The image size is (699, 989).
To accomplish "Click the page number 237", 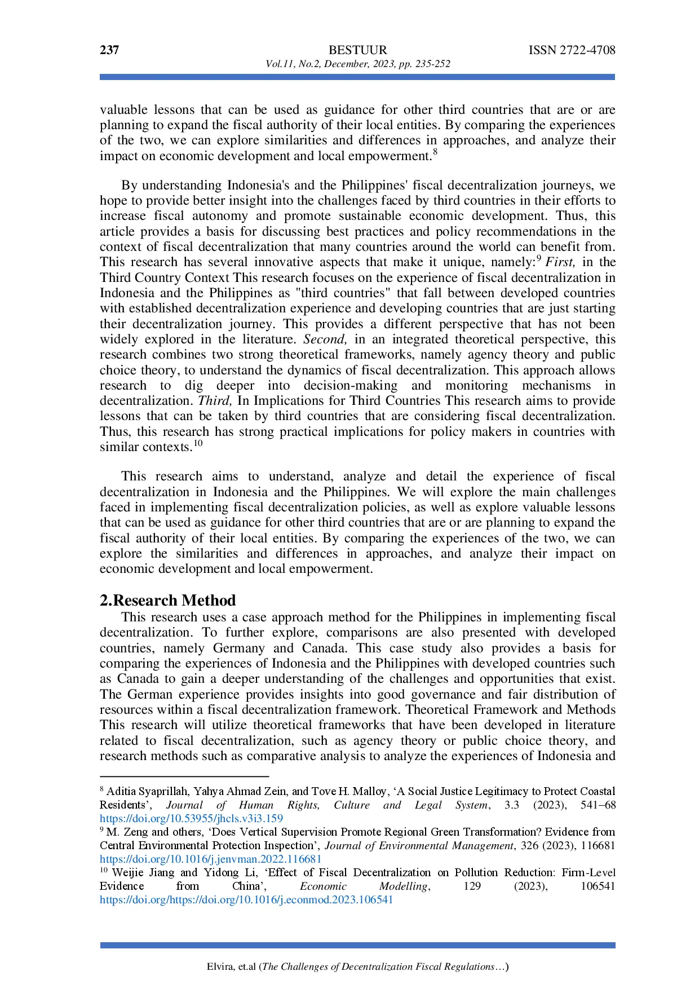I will point(109,50).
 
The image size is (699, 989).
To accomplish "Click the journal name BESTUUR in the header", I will point(357,50).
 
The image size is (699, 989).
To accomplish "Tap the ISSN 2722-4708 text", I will point(572,50).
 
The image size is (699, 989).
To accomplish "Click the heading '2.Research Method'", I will point(167,601).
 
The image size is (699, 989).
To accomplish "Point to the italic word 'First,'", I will point(560,262).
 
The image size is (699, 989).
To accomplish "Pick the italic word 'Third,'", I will point(215,401).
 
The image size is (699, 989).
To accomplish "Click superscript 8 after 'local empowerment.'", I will point(435,152).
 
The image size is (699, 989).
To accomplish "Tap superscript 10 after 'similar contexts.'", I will point(198,443).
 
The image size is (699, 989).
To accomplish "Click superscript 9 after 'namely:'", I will point(539,259).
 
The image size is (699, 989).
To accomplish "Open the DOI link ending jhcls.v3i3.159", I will point(191,819).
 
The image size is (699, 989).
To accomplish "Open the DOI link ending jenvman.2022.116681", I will point(210,859).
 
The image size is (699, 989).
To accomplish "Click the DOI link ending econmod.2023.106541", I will point(246,900).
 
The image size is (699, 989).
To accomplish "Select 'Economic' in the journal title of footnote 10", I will point(323,886).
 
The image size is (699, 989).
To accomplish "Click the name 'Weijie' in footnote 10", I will point(127,873).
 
